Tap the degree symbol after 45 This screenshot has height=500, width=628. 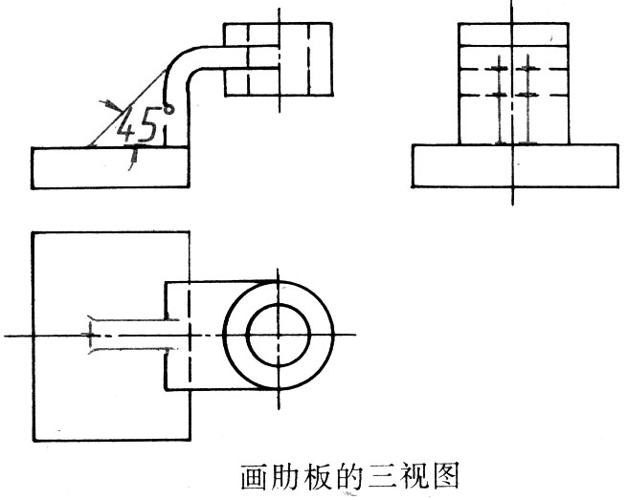pyautogui.click(x=168, y=110)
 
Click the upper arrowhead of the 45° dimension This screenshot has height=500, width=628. pyautogui.click(x=109, y=102)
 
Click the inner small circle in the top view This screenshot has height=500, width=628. pyautogui.click(x=279, y=335)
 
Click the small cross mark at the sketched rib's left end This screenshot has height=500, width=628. pyautogui.click(x=91, y=335)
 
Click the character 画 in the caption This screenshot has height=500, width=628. pyautogui.click(x=252, y=475)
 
